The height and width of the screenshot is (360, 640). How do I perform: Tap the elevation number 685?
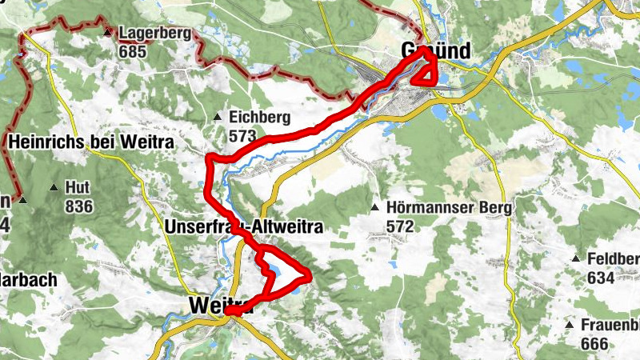coord(133,50)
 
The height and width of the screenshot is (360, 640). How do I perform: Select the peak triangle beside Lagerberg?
coord(107,33)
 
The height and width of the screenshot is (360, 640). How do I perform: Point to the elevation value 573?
coord(242,135)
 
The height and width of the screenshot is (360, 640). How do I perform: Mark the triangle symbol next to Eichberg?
coord(217,118)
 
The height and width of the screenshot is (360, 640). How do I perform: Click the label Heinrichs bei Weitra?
coord(92,142)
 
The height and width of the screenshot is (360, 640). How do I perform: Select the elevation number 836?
coord(81,207)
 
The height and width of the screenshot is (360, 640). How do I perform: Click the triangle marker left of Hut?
coord(54,188)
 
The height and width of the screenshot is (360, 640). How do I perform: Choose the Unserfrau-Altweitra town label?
coord(243,227)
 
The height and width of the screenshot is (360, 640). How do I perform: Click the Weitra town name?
coord(222,306)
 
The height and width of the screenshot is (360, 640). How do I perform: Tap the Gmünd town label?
coord(435,51)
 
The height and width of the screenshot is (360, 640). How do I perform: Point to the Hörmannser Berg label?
coord(449,208)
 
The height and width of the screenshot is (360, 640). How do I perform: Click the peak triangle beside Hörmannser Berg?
coord(374,208)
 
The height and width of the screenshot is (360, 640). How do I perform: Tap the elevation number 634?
coord(600,278)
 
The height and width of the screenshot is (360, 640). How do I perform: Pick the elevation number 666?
coord(594,344)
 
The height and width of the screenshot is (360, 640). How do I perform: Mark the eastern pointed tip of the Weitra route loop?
coord(309,277)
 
